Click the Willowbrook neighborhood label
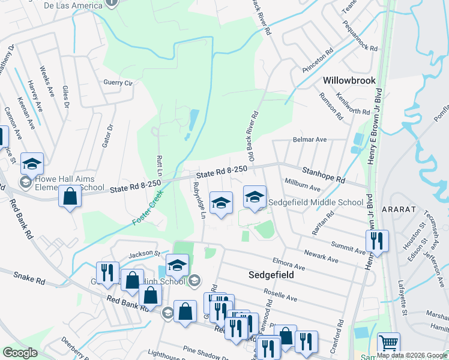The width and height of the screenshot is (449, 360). click(349, 80)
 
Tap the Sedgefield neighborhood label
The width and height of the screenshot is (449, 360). click(273, 274)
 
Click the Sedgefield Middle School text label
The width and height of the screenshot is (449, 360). click(316, 203)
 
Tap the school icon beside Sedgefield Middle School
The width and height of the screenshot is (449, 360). click(255, 197)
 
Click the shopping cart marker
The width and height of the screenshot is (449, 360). click(388, 344)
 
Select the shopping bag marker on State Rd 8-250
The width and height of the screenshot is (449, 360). click(70, 196)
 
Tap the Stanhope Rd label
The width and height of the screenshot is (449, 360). click(324, 175)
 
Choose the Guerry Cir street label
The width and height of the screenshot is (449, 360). click(118, 82)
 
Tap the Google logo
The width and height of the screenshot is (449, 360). click(20, 353)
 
